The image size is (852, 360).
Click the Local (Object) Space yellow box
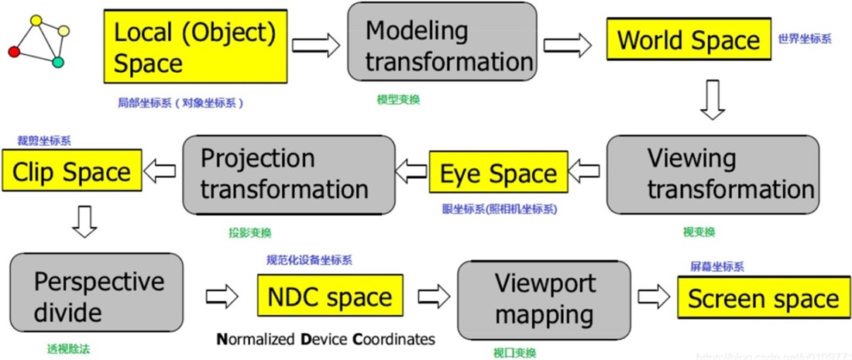pos(198,47)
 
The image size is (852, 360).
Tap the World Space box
pos(688,40)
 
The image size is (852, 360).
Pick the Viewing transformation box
pos(711,173)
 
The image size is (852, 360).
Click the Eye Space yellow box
pos(497,173)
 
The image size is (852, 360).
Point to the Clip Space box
pos(71,172)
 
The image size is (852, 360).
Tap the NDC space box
pos(329,297)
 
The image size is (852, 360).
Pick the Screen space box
pos(762,299)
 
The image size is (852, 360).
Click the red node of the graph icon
pos(14,52)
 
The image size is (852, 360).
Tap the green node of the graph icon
pos(57,62)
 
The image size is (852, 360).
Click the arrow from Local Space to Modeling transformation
pos(317,46)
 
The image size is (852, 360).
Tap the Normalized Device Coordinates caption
pos(325,339)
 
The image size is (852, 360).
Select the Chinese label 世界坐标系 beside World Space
pos(805,38)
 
